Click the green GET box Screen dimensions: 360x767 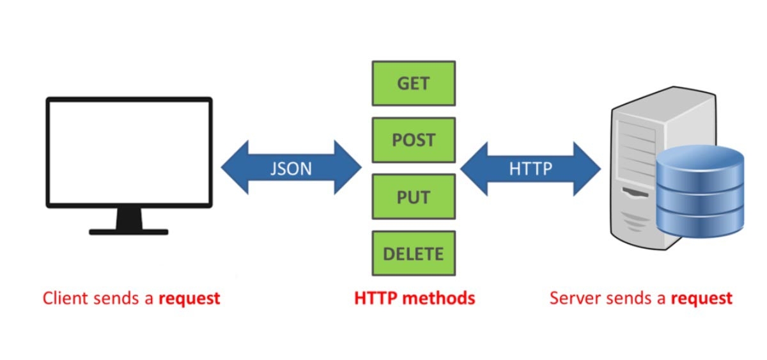414,83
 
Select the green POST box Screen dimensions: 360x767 414,140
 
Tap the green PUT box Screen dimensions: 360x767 414,196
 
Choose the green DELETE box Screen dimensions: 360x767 414,253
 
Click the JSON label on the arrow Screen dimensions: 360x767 291,168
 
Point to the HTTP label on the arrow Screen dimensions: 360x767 531,168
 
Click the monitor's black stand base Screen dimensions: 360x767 128,231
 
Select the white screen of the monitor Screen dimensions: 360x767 128,152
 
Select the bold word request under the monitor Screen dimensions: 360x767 189,299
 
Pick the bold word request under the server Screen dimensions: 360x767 701,299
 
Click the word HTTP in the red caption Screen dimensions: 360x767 374,298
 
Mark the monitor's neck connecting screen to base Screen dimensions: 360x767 128,218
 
